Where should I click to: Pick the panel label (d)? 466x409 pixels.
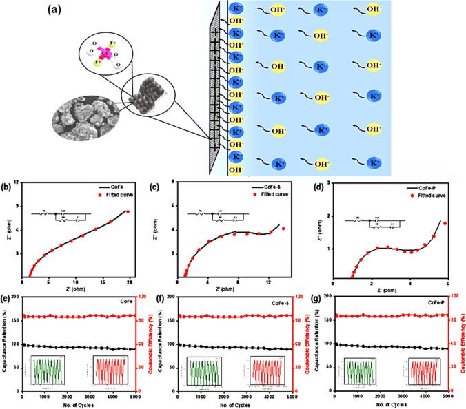click(x=321, y=187)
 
